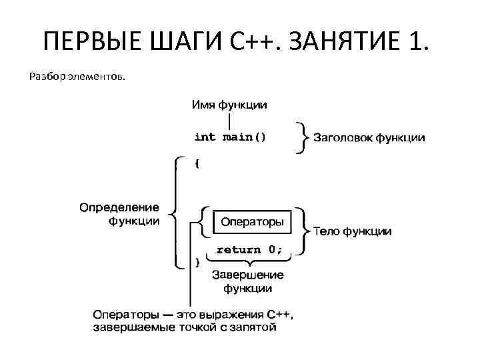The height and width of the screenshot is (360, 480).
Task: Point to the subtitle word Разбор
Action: point(47,77)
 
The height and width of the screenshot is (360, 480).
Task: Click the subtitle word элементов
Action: point(96,77)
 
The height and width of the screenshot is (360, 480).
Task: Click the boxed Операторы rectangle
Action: point(252,221)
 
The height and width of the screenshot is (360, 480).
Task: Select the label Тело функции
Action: point(351,231)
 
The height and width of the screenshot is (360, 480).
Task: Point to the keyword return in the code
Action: point(238,250)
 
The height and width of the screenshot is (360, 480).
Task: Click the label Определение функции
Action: point(119,214)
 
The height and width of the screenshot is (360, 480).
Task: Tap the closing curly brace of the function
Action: point(196,263)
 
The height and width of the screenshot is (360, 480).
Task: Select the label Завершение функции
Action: point(247,281)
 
